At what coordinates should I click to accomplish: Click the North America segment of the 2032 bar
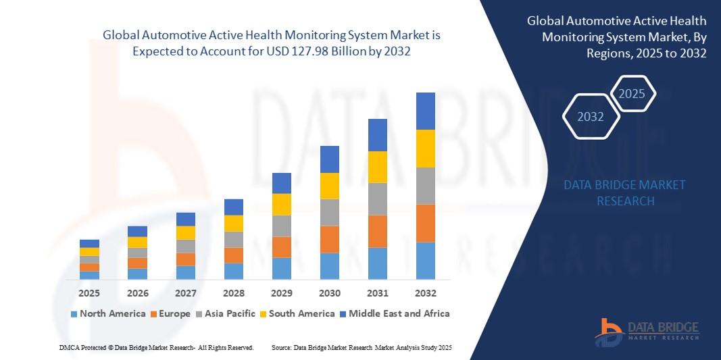[x=425, y=261]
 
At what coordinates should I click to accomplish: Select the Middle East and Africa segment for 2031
[x=378, y=135]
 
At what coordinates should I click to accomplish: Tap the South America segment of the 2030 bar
[x=330, y=186]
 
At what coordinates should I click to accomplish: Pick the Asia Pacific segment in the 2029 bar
[x=281, y=226]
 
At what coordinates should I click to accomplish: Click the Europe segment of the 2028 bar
[x=234, y=255]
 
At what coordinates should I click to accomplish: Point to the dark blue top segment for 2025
[x=89, y=244]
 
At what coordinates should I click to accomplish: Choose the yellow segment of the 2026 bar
[x=137, y=242]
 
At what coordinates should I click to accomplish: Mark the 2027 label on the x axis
[x=186, y=293]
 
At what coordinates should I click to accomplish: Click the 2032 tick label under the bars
[x=425, y=293]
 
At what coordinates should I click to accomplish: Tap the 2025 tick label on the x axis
[x=89, y=293]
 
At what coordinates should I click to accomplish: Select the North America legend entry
[x=108, y=314]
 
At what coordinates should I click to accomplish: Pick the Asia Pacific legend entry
[x=225, y=314]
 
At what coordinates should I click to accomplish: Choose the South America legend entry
[x=297, y=314]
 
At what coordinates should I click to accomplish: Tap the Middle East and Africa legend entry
[x=395, y=314]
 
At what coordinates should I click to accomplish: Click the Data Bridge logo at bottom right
[x=647, y=332]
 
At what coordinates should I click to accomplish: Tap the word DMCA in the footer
[x=68, y=348]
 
